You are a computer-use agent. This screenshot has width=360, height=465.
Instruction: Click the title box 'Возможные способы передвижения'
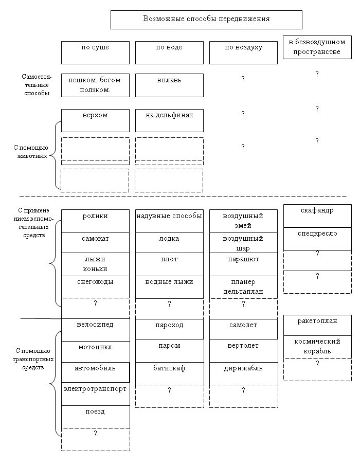click(206, 20)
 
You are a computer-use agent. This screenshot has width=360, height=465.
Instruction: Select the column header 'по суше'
click(95, 53)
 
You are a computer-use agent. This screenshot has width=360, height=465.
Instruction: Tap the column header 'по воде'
click(169, 53)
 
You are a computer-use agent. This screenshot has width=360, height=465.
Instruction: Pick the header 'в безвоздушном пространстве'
click(317, 47)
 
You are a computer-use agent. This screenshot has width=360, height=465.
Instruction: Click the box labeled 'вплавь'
click(169, 85)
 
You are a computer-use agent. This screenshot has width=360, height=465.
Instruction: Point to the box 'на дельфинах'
click(169, 121)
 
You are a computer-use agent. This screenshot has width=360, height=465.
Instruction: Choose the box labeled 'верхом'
click(95, 121)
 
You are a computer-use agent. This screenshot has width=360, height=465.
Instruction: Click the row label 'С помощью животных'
click(31, 152)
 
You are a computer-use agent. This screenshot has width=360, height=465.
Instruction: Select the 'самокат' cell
click(95, 243)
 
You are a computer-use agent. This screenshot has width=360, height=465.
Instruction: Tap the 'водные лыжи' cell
click(169, 287)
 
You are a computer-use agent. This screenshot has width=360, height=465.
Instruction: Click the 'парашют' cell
click(243, 264)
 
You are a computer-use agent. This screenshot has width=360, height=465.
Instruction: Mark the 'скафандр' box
click(317, 216)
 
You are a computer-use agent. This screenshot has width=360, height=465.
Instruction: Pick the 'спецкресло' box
click(317, 239)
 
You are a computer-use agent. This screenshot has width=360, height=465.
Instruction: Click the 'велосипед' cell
click(96, 330)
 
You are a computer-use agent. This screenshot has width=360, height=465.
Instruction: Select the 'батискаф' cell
click(170, 373)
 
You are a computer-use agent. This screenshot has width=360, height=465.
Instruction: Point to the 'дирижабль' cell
click(244, 373)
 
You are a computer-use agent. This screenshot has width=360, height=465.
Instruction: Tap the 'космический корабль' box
click(317, 347)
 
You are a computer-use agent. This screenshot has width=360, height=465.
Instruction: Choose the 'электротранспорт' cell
click(96, 394)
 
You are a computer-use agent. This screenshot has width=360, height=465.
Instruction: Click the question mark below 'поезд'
click(95, 434)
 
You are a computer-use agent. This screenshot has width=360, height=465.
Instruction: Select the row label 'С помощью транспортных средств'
click(33, 359)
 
